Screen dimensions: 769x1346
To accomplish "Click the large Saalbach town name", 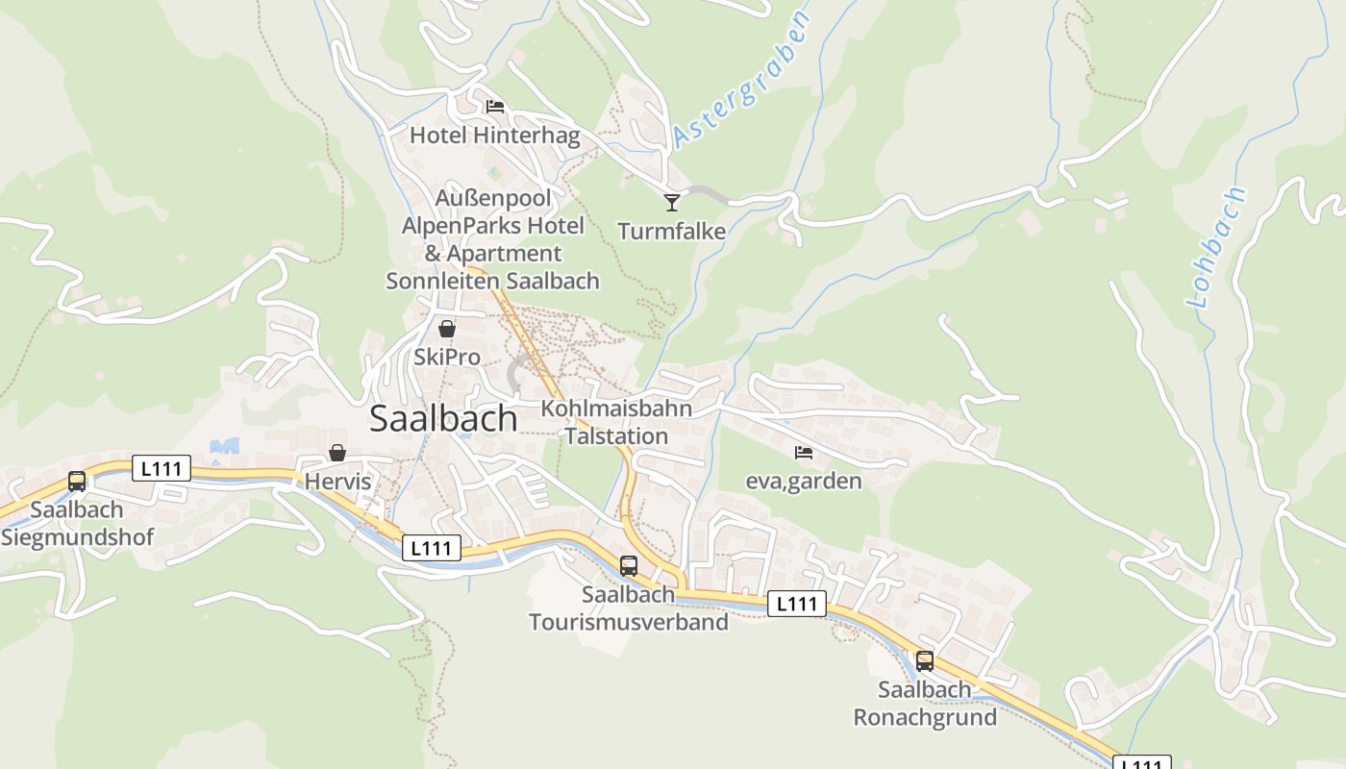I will (443, 419).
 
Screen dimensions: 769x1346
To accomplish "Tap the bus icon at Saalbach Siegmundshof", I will (77, 482).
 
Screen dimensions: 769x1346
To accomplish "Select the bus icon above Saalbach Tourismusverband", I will (629, 566).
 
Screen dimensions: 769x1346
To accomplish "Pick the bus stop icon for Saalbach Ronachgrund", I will (925, 661).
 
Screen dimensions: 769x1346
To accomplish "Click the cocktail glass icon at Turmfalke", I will (672, 202).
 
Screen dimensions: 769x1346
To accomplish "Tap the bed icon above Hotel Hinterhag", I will (495, 107).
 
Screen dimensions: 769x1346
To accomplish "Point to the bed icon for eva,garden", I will (804, 452).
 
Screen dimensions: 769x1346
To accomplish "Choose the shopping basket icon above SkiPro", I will (447, 329).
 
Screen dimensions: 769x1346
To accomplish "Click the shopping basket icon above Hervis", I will (337, 453).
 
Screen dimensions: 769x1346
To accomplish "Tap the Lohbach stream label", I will (1216, 247).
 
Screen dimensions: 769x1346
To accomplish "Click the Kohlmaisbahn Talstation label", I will (616, 422).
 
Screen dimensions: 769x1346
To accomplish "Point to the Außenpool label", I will (494, 198).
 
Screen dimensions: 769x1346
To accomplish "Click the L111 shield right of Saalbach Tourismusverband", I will (797, 604).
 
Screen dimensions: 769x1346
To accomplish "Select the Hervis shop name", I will (337, 482).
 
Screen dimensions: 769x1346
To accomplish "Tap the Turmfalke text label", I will (671, 232).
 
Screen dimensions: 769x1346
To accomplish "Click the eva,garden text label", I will (804, 481).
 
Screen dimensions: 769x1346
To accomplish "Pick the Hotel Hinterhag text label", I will (495, 136).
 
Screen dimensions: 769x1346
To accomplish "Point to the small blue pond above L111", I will (225, 446).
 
